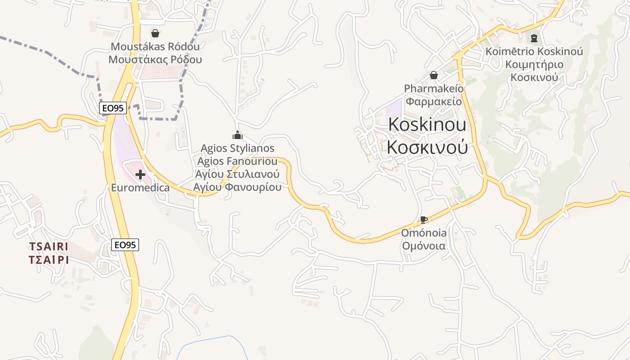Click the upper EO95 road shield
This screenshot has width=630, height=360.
(113, 108)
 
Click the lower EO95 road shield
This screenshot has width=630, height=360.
(125, 245)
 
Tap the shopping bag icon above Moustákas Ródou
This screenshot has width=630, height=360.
(155, 33)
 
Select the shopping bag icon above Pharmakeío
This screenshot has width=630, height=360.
(434, 75)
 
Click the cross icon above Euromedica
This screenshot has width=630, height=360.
(140, 174)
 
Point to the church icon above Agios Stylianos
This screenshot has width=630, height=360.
(237, 135)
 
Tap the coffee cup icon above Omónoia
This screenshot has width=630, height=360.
(423, 220)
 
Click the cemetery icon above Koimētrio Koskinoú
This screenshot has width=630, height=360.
(534, 38)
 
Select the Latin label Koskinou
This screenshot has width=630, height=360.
(427, 125)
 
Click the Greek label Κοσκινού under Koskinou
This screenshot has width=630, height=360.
(427, 147)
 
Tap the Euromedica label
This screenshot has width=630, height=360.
(140, 188)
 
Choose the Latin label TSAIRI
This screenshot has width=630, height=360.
(49, 247)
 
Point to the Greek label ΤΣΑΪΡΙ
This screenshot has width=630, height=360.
(49, 260)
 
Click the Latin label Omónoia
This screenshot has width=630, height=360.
(424, 233)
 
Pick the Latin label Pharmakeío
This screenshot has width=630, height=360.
(434, 88)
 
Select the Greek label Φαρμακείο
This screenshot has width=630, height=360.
(434, 101)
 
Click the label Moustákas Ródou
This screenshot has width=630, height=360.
(155, 46)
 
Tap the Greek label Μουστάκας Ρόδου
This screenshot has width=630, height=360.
(155, 59)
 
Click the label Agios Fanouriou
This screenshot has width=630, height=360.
(237, 161)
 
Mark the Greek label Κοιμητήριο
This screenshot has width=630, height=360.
(534, 64)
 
